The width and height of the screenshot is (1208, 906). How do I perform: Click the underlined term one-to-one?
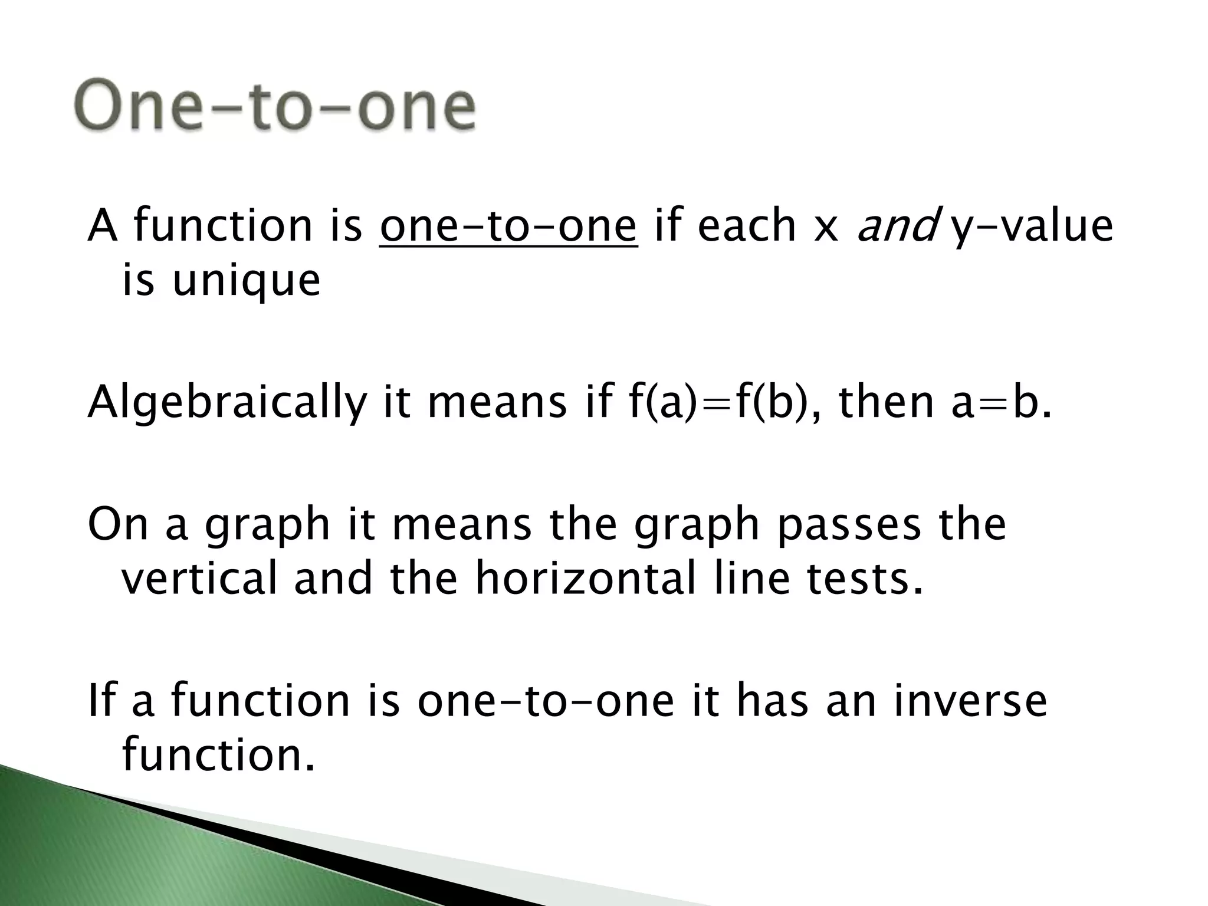tap(508, 225)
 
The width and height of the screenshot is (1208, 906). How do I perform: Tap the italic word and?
tap(897, 225)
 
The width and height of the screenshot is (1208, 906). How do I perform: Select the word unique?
tap(247, 281)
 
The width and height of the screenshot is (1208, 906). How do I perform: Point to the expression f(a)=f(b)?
tap(715, 404)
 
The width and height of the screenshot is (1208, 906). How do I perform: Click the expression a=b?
tap(1002, 404)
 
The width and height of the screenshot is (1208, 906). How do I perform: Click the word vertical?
tap(199, 578)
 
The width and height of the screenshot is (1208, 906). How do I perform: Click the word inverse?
tap(970, 701)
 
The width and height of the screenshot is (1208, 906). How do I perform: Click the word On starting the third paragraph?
tap(118, 525)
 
